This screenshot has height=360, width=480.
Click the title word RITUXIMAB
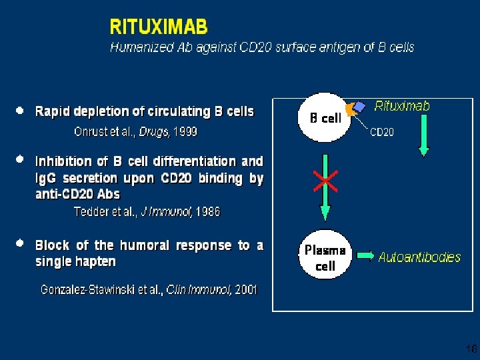click(x=159, y=27)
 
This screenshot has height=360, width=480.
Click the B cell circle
click(x=324, y=118)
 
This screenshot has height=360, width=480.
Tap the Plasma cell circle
click(x=325, y=257)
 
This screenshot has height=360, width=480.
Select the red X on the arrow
click(x=325, y=180)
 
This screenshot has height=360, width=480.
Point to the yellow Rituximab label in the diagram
click(x=402, y=106)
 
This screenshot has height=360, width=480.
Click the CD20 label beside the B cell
click(x=382, y=132)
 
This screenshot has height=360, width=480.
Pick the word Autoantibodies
click(x=419, y=257)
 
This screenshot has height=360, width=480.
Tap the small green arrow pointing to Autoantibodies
click(x=366, y=255)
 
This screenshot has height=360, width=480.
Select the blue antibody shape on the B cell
click(x=360, y=106)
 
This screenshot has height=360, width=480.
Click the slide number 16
click(x=470, y=348)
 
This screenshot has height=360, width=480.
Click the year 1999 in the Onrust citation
click(x=185, y=132)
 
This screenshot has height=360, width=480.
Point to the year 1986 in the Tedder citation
click(x=207, y=212)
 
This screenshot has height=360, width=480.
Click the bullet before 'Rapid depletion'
click(x=21, y=111)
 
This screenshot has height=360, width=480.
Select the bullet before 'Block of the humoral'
click(x=21, y=245)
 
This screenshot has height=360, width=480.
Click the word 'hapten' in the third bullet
click(x=98, y=262)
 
